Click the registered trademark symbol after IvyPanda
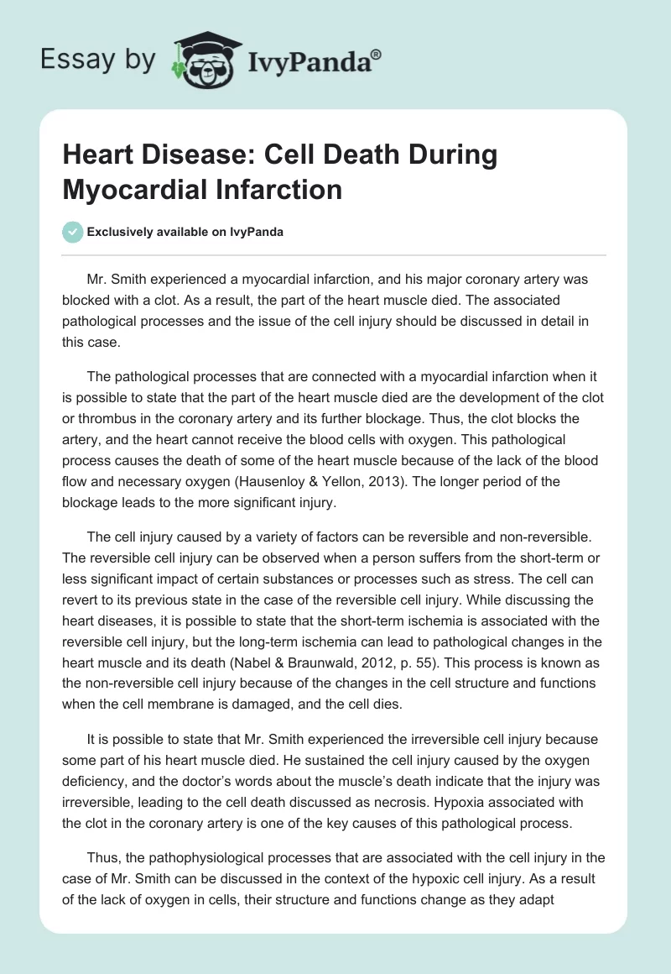(x=377, y=53)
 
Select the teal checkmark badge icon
(x=74, y=232)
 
